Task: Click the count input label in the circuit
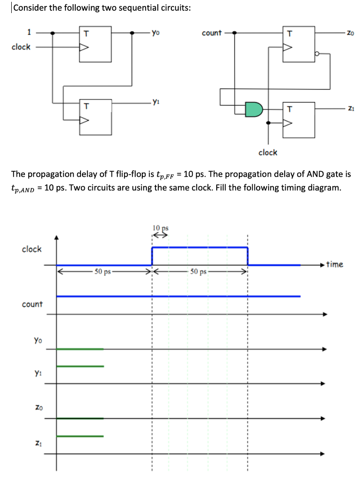(x=212, y=33)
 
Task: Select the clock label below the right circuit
(x=268, y=152)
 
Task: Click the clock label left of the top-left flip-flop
(x=21, y=47)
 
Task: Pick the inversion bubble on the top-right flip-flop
(x=318, y=54)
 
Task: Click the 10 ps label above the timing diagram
(x=160, y=228)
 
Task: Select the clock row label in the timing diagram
(x=32, y=249)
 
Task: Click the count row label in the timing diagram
(x=32, y=304)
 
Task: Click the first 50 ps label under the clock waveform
(x=103, y=271)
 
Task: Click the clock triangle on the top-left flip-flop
(x=85, y=47)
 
